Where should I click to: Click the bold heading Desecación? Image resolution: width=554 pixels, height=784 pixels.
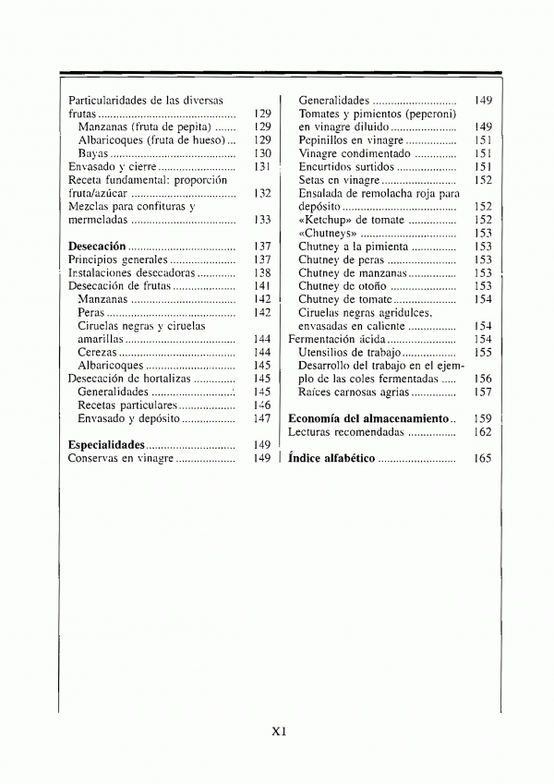coord(97,247)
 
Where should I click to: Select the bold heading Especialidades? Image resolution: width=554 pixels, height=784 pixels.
coord(106,445)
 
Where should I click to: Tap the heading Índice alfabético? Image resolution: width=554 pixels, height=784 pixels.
coord(331,458)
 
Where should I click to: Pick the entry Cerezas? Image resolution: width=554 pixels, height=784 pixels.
coord(97,353)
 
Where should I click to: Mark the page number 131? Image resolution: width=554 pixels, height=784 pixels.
coord(262,166)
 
